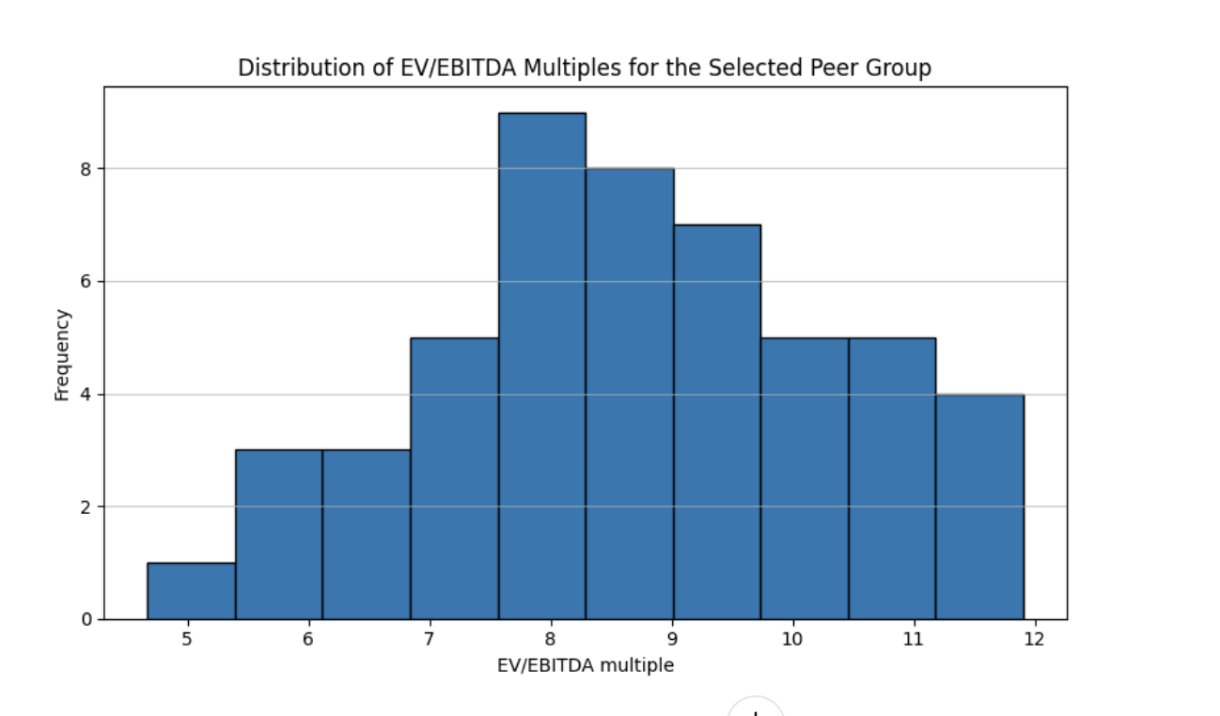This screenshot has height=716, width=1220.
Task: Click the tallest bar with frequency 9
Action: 541,366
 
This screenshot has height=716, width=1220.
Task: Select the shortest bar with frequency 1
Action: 191,591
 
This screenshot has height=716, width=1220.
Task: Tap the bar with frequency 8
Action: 629,395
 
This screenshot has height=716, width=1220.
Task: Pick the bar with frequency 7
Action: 716,422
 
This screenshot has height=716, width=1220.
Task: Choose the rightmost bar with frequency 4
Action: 979,506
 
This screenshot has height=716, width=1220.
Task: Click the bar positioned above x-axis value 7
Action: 454,478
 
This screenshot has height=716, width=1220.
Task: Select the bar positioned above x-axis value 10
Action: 804,478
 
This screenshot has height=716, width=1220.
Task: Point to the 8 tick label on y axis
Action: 85,169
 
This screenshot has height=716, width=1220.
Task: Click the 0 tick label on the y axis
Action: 85,619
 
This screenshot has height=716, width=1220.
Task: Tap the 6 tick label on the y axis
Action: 85,282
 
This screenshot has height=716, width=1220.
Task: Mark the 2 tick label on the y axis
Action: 85,507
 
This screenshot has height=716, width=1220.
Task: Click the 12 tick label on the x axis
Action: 1034,639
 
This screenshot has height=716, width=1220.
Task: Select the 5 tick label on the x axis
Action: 187,639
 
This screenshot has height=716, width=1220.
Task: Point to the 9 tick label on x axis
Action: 671,639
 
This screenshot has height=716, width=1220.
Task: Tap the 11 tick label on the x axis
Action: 913,639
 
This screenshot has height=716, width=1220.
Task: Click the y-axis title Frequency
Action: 62,355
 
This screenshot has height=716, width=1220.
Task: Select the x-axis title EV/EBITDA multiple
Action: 585,665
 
